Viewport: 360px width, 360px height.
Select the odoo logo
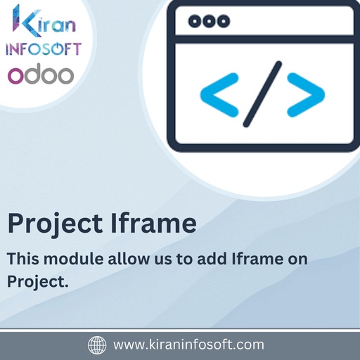coord(40,75)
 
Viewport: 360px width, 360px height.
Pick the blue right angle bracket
coord(305,91)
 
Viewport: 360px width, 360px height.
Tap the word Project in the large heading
coord(56,224)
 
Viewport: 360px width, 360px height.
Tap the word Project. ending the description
coord(37,281)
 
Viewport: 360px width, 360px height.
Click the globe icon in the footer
coord(96,345)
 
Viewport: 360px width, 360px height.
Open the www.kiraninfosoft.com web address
coord(188,345)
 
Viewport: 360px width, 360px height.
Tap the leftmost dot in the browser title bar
coord(194,22)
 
